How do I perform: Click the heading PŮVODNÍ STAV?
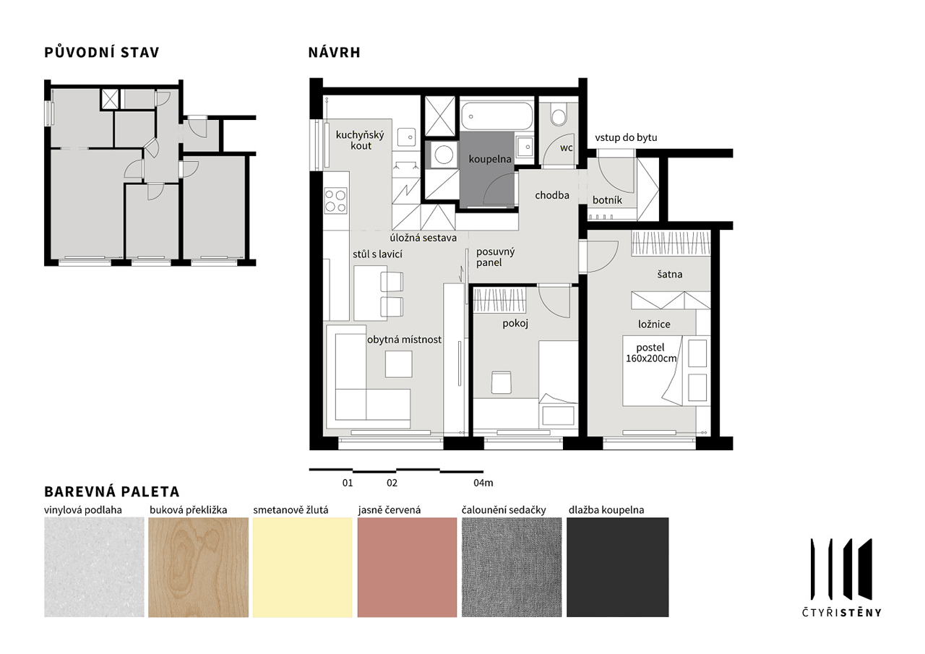click(x=102, y=53)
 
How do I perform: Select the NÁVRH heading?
click(x=335, y=53)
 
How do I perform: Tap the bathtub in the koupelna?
click(x=496, y=116)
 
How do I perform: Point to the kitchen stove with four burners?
click(x=336, y=201)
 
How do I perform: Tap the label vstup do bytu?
click(x=626, y=137)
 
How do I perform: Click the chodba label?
click(x=552, y=195)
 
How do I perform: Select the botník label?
click(x=607, y=200)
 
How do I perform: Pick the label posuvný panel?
click(x=496, y=257)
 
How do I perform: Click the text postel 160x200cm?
click(x=651, y=353)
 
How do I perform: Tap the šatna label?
click(x=669, y=274)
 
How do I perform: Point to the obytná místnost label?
click(x=404, y=340)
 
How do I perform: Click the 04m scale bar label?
click(x=483, y=483)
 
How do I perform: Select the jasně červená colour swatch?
click(x=407, y=567)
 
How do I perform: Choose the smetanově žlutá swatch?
click(x=303, y=567)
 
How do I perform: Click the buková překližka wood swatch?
click(x=198, y=567)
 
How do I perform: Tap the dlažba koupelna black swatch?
click(x=617, y=567)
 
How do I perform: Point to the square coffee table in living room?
click(x=398, y=363)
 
